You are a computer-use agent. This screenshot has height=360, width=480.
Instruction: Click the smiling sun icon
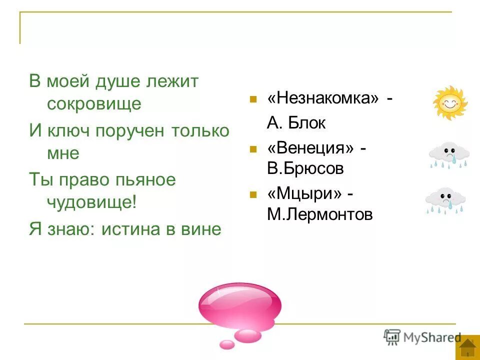[449, 103]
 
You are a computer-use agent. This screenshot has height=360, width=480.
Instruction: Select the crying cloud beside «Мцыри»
[445, 200]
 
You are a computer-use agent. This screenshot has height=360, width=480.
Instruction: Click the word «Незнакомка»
[323, 98]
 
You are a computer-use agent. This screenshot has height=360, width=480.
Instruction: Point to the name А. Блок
[296, 123]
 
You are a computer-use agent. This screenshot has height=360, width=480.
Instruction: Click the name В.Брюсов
[305, 168]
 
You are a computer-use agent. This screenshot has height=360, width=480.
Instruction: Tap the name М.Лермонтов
[319, 214]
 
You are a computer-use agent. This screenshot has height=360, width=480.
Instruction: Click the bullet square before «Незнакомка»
[253, 99]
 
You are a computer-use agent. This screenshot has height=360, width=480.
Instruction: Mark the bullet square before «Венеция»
[253, 148]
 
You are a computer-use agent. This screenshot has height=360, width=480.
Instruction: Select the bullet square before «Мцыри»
[253, 194]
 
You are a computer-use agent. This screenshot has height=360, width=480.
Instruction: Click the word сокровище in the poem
[94, 104]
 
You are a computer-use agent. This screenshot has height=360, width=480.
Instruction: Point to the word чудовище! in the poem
[91, 202]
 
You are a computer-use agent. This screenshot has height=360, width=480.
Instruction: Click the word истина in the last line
[133, 229]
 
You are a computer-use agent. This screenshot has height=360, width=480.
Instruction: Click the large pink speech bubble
[239, 305]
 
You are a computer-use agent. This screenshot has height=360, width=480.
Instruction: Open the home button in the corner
[467, 347]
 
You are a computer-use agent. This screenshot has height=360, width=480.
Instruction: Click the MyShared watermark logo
[422, 337]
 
